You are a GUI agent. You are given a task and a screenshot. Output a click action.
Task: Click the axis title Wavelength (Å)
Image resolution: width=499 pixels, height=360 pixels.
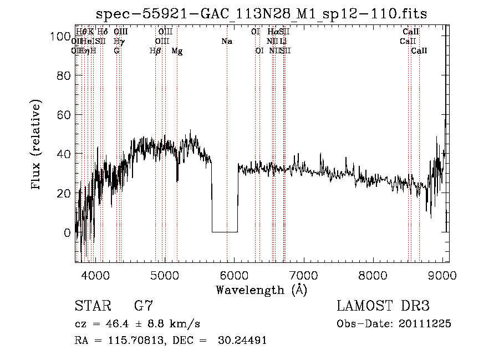tap(261, 290)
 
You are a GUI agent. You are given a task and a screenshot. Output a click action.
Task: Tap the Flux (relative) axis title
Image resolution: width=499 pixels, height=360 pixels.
tap(37, 145)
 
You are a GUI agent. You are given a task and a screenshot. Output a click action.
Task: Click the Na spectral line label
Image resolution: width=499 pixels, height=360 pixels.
tap(226, 42)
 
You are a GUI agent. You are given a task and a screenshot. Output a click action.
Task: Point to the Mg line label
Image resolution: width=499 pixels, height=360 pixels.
tap(177, 52)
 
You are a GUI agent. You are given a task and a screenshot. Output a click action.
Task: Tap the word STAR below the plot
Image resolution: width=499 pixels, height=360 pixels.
tap(92, 306)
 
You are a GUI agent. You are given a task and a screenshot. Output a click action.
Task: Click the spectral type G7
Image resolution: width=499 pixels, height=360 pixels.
tap(144, 306)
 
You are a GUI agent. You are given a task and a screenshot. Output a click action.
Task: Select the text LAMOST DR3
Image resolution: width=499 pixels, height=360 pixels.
tap(383, 306)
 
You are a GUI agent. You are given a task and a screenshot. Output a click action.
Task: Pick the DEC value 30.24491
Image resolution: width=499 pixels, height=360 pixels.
tap(243, 340)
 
